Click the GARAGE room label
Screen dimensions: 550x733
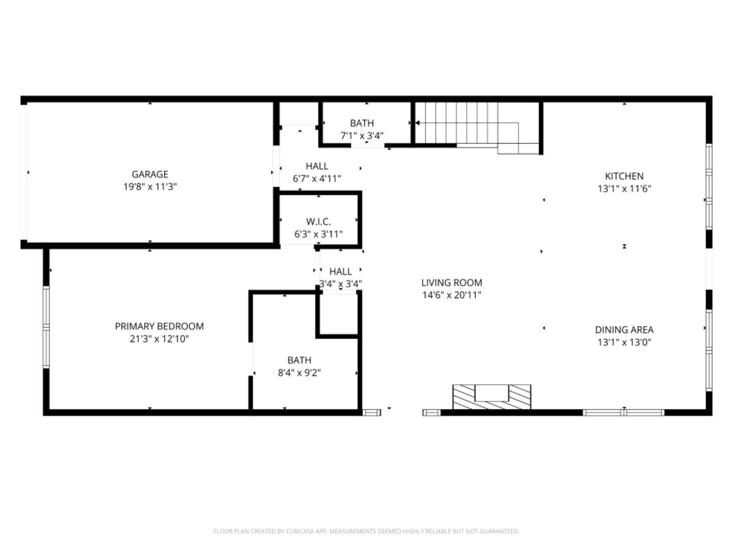coord(150,174)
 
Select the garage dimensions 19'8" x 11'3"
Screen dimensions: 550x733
coord(150,186)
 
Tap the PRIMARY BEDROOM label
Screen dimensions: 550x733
coord(159,326)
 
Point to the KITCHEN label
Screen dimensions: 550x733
coord(624,176)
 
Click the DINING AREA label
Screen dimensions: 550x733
coord(624,330)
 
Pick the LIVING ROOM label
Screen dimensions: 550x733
coord(452,283)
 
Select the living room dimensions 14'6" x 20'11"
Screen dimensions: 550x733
coord(452,295)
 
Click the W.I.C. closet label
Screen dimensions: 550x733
coord(318,221)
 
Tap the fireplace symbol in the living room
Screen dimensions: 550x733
coord(492,396)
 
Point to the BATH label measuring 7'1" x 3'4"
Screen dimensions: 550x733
coord(362,123)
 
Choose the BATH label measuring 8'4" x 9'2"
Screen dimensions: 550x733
coord(299,360)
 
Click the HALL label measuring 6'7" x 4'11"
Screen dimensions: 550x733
coord(317,166)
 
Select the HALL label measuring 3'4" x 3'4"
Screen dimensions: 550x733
coord(340,271)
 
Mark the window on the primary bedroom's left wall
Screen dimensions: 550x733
coord(46,327)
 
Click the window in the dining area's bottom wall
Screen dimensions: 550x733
coord(624,413)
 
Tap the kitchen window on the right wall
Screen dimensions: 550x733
coord(709,186)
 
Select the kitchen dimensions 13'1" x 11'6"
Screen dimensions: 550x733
coord(624,189)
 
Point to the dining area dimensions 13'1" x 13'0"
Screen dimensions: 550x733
coord(624,342)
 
